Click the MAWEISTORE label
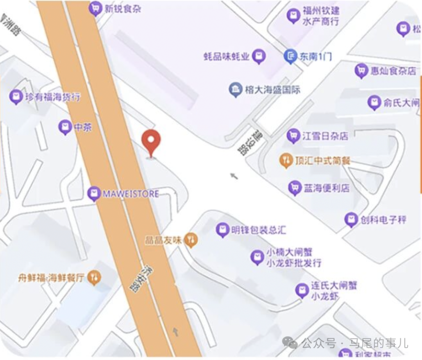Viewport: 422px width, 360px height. [x=130, y=193]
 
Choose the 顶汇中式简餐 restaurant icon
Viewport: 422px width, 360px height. [x=286, y=160]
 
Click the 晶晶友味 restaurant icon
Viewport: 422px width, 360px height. [x=191, y=240]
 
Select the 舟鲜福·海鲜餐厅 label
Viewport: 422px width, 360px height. [x=51, y=278]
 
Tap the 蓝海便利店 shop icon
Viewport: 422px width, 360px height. [x=294, y=188]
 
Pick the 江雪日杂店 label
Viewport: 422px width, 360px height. [x=325, y=136]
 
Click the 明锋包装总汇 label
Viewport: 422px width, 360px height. [x=258, y=229]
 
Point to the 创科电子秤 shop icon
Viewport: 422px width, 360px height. [x=351, y=219]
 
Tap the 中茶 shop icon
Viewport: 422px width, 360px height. [x=65, y=127]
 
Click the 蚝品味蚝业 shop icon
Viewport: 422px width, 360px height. [x=259, y=57]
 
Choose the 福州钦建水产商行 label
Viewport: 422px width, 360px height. [x=320, y=16]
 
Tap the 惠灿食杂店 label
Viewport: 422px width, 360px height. [x=393, y=71]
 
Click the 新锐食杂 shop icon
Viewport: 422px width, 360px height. [x=95, y=8]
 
